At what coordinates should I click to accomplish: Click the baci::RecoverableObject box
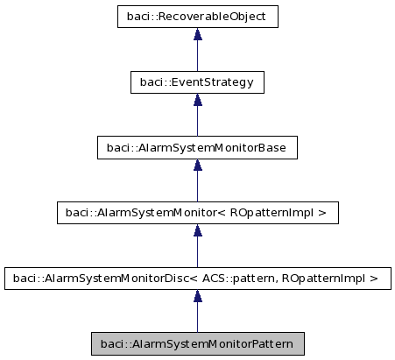click(197, 16)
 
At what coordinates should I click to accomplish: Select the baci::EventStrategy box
click(197, 81)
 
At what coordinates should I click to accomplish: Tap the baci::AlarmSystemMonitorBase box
click(197, 147)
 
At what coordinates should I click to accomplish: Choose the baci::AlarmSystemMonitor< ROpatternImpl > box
click(197, 213)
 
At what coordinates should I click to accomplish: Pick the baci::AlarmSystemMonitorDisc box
click(197, 279)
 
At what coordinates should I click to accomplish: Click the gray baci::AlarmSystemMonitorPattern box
click(197, 343)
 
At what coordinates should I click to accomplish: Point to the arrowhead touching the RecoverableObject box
click(198, 35)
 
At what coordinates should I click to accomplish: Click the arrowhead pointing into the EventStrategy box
click(198, 101)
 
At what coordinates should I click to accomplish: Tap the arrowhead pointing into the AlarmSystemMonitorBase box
click(198, 166)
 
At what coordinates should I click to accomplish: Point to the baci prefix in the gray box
click(113, 343)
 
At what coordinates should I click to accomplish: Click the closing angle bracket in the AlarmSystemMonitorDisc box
click(374, 279)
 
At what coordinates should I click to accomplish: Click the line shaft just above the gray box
click(198, 320)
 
